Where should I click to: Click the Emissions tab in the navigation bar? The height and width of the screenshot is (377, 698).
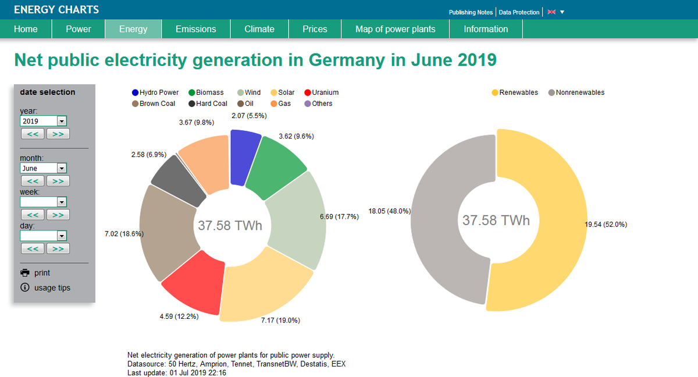click(195, 29)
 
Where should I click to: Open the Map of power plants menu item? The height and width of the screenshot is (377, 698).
click(395, 29)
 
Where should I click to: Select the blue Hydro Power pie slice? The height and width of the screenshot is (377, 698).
click(245, 156)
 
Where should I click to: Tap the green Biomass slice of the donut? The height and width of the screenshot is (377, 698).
click(278, 165)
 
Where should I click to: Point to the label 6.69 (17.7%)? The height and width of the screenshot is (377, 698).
click(339, 217)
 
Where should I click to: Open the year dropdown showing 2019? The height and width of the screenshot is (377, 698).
click(44, 121)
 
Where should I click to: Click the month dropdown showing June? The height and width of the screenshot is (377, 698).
click(44, 168)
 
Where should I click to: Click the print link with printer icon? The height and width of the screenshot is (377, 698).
click(42, 273)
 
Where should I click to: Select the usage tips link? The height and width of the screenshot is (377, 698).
click(51, 287)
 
